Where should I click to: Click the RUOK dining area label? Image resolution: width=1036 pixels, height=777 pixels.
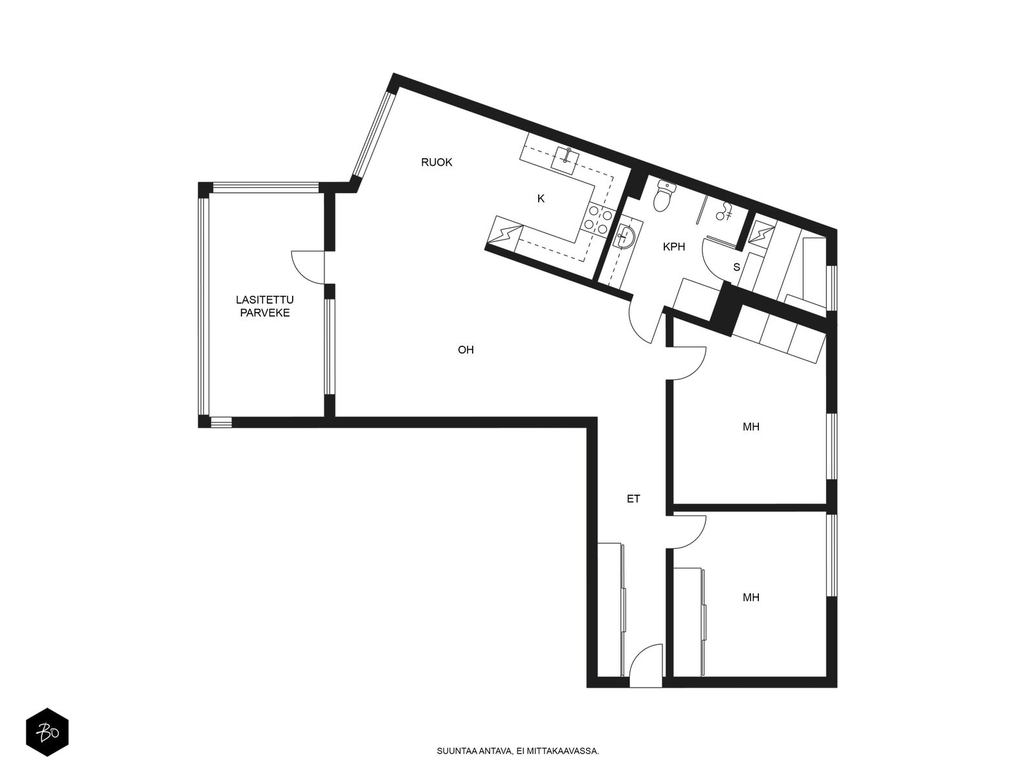436,163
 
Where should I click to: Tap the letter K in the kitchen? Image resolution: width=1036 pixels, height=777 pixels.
541,199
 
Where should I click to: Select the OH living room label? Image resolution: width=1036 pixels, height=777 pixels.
466,350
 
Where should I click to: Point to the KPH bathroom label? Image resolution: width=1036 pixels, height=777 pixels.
673,247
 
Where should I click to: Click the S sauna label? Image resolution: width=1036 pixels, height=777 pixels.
736,267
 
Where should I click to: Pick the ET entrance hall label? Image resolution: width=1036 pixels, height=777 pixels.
633,499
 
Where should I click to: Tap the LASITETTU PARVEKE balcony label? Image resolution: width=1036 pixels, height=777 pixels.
265,306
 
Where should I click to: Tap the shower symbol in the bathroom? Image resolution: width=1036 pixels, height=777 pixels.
723,211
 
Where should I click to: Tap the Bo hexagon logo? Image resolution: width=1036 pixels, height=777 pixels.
47,732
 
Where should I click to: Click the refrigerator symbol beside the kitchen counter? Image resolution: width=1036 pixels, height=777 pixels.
504,233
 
